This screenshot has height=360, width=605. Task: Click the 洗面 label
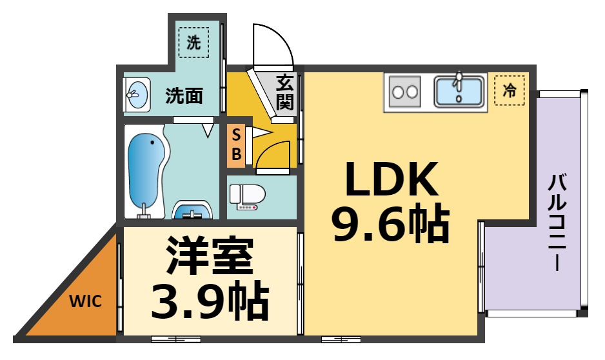click(x=184, y=97)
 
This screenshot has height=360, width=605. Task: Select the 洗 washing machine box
click(x=193, y=43)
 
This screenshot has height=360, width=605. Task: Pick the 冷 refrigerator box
click(x=510, y=91)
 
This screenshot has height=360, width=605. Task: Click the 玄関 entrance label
click(x=285, y=92)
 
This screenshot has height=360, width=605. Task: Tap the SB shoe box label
click(x=236, y=145)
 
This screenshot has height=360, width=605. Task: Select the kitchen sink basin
click(x=459, y=91)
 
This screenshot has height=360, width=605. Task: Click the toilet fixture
click(x=248, y=196)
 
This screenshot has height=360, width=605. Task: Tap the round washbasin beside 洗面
click(x=137, y=95)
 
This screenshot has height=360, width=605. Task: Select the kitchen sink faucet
click(x=459, y=81)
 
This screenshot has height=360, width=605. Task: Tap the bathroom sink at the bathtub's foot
click(x=193, y=211)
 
